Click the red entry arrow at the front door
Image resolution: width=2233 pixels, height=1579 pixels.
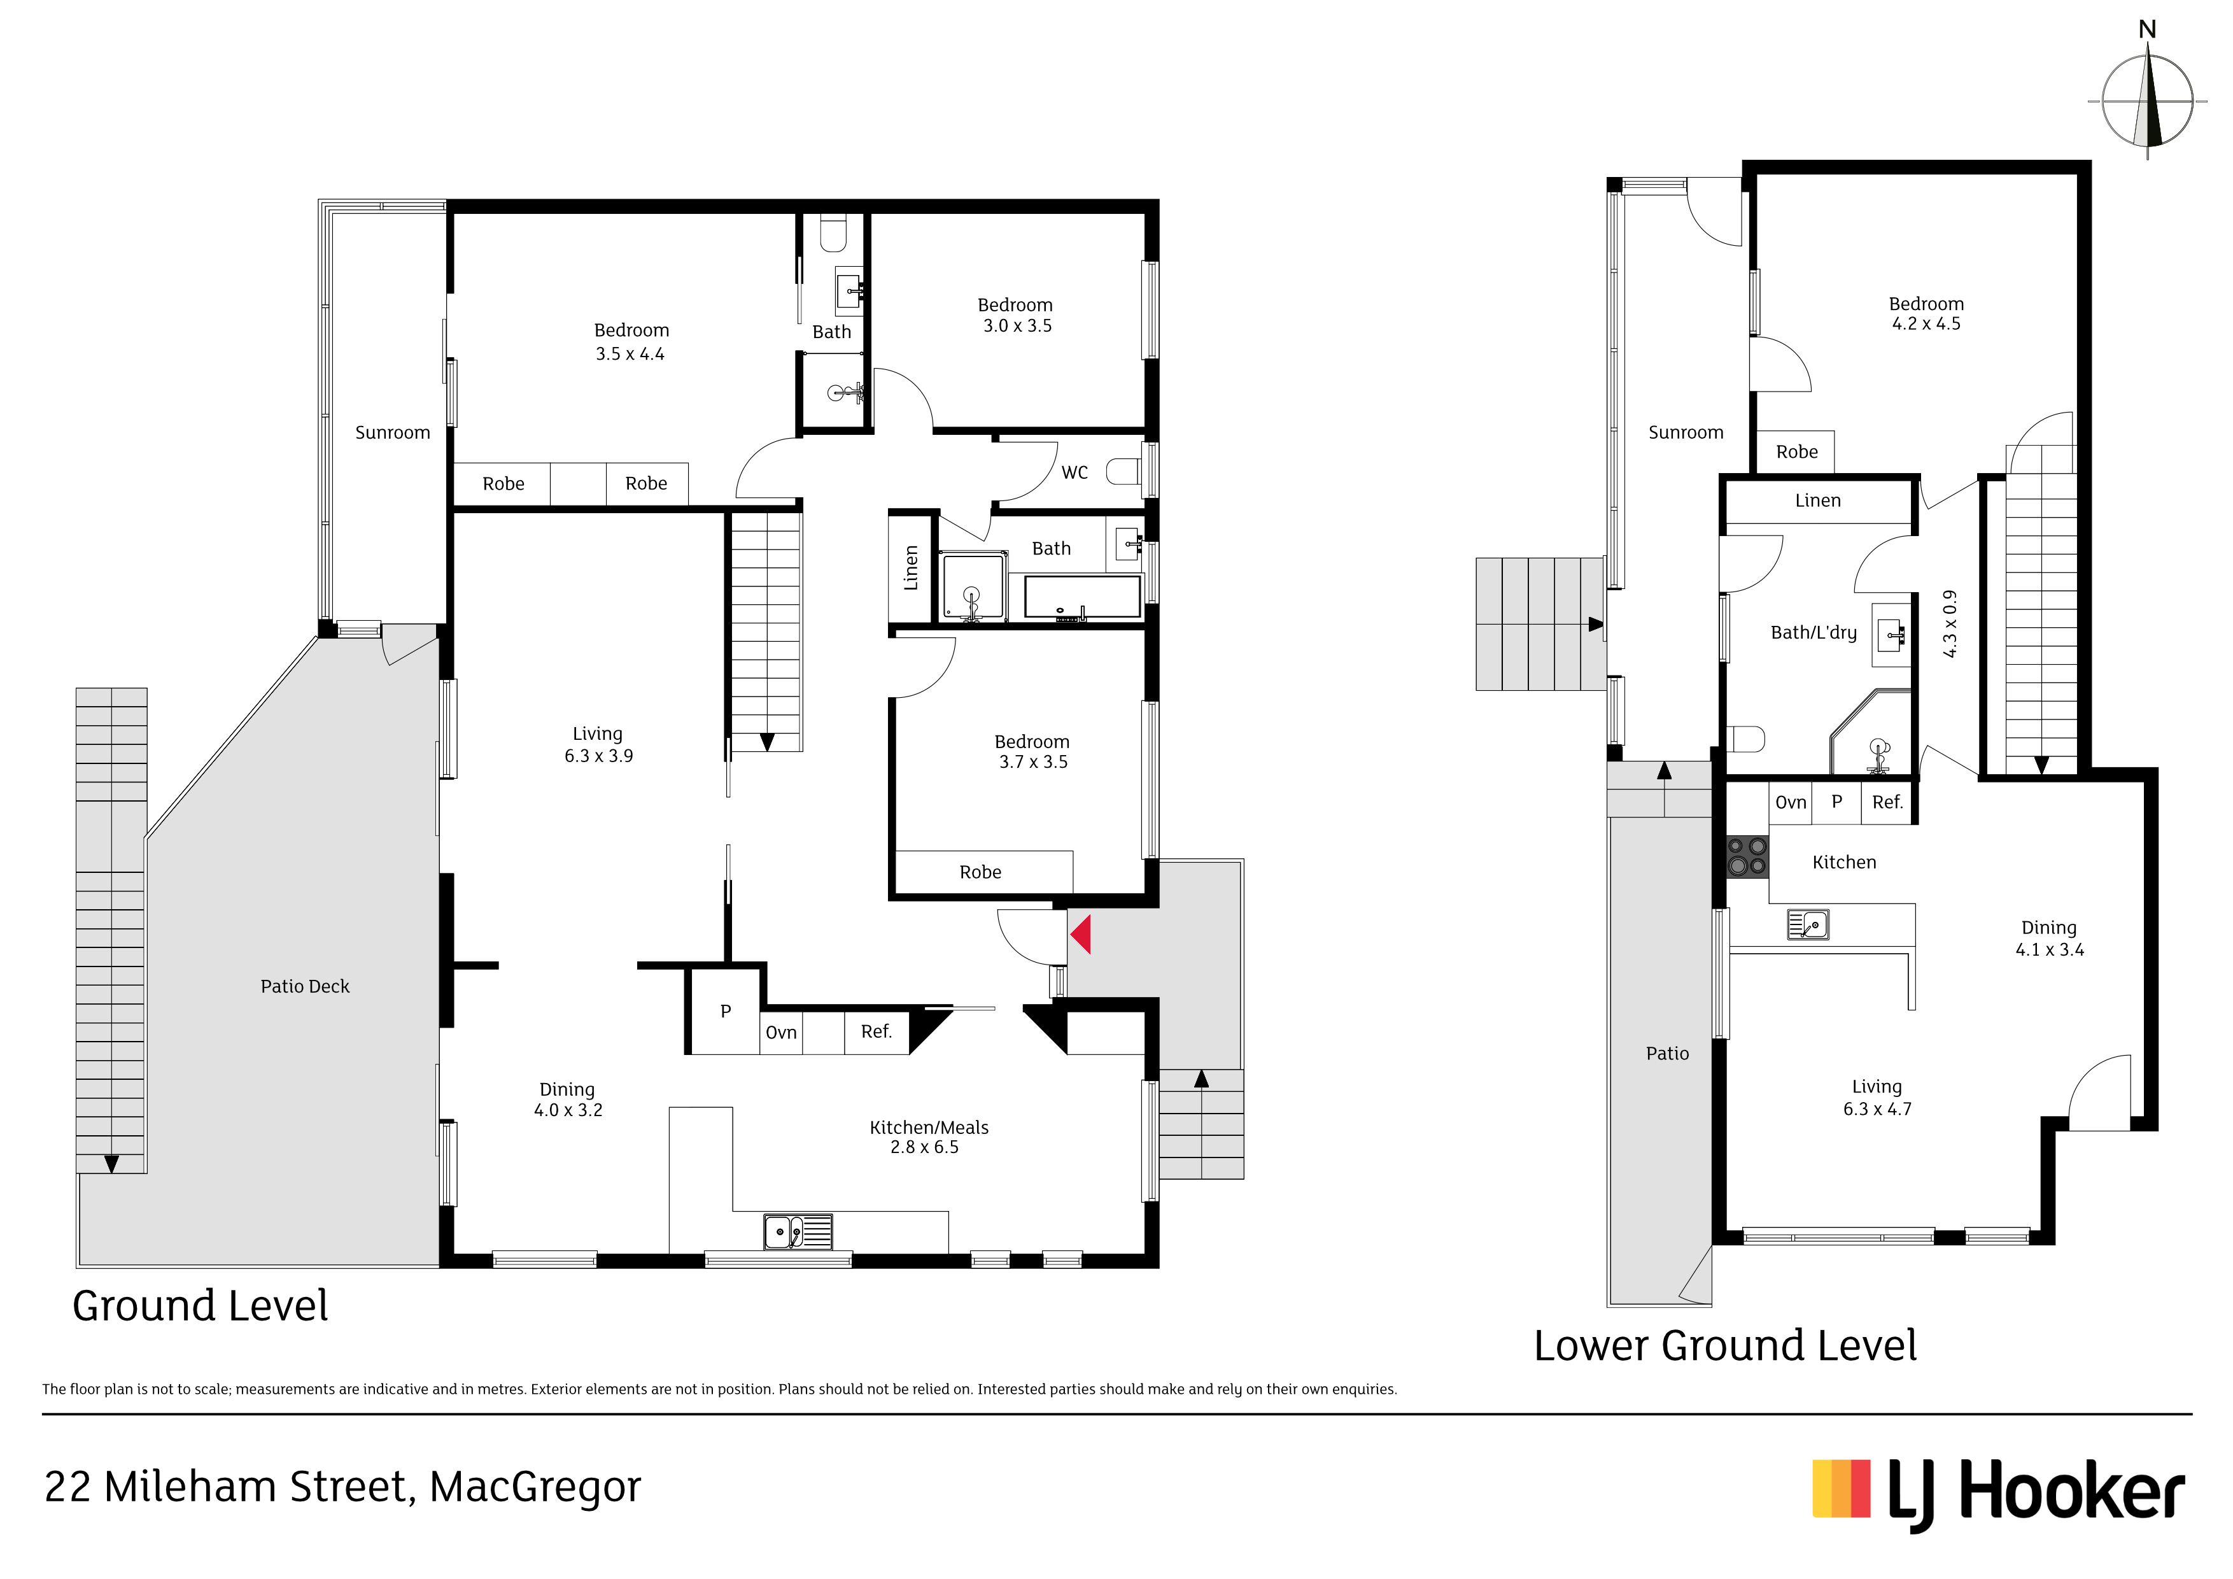coord(1080,935)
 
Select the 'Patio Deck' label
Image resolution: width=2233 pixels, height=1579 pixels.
coord(304,986)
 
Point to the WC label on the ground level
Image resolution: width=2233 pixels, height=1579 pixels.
coord(1074,473)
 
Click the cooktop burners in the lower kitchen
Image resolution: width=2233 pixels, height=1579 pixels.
coord(1747,857)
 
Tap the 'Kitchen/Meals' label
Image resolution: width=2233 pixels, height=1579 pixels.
coord(929,1128)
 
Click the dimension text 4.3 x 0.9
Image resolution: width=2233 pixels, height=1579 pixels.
coord(1949,623)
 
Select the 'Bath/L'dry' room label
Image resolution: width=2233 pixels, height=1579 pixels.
coord(1814,632)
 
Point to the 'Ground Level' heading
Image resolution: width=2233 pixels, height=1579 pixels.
coord(201,1306)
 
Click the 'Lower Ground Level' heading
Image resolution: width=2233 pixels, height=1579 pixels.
coord(1725,1347)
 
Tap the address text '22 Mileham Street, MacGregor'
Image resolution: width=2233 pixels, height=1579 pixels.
coord(342,1487)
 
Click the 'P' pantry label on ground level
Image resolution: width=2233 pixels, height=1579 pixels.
coord(726,1012)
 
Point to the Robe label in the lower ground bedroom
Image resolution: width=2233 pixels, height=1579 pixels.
coord(1796,453)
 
